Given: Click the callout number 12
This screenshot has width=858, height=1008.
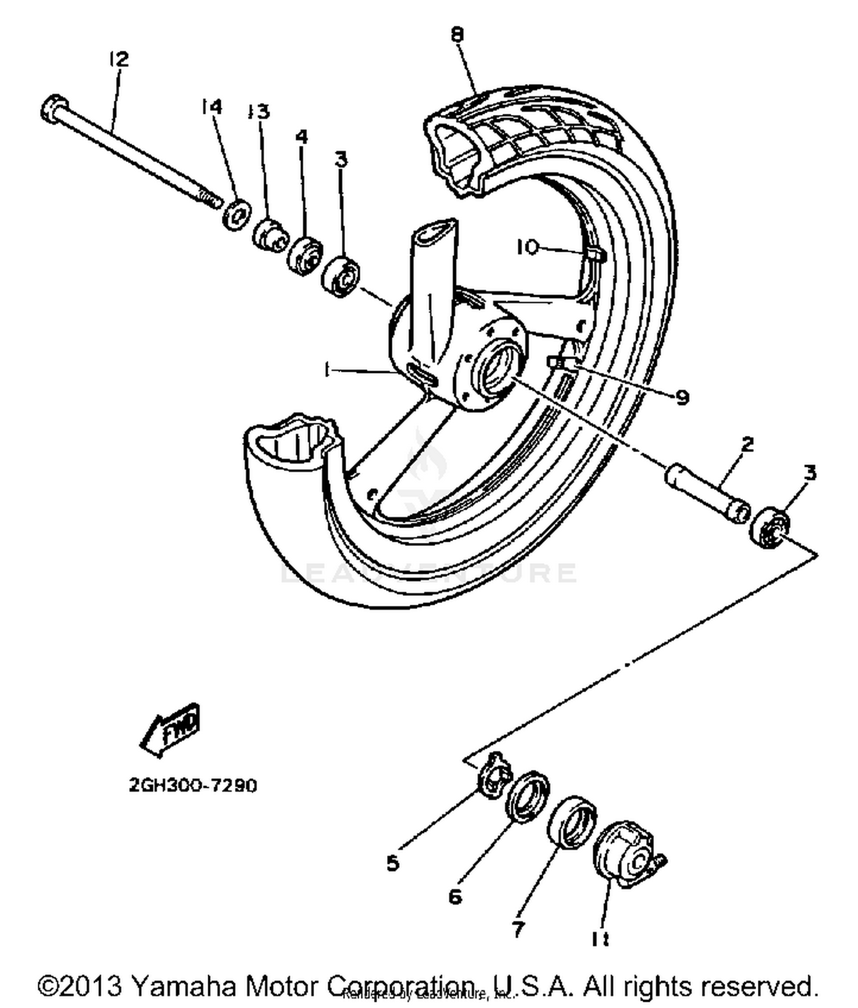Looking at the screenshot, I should click(x=119, y=59).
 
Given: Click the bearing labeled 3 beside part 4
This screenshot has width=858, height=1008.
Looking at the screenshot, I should click(x=340, y=277).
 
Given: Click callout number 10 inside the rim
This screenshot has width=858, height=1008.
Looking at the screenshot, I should click(x=527, y=247).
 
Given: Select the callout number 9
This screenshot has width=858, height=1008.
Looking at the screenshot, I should click(x=682, y=398).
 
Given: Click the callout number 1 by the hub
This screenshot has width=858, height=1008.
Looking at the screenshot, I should click(x=327, y=371).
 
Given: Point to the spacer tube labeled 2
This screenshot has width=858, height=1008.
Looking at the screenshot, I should click(x=708, y=491).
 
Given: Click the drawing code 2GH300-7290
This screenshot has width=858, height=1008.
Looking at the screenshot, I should click(x=193, y=785).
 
